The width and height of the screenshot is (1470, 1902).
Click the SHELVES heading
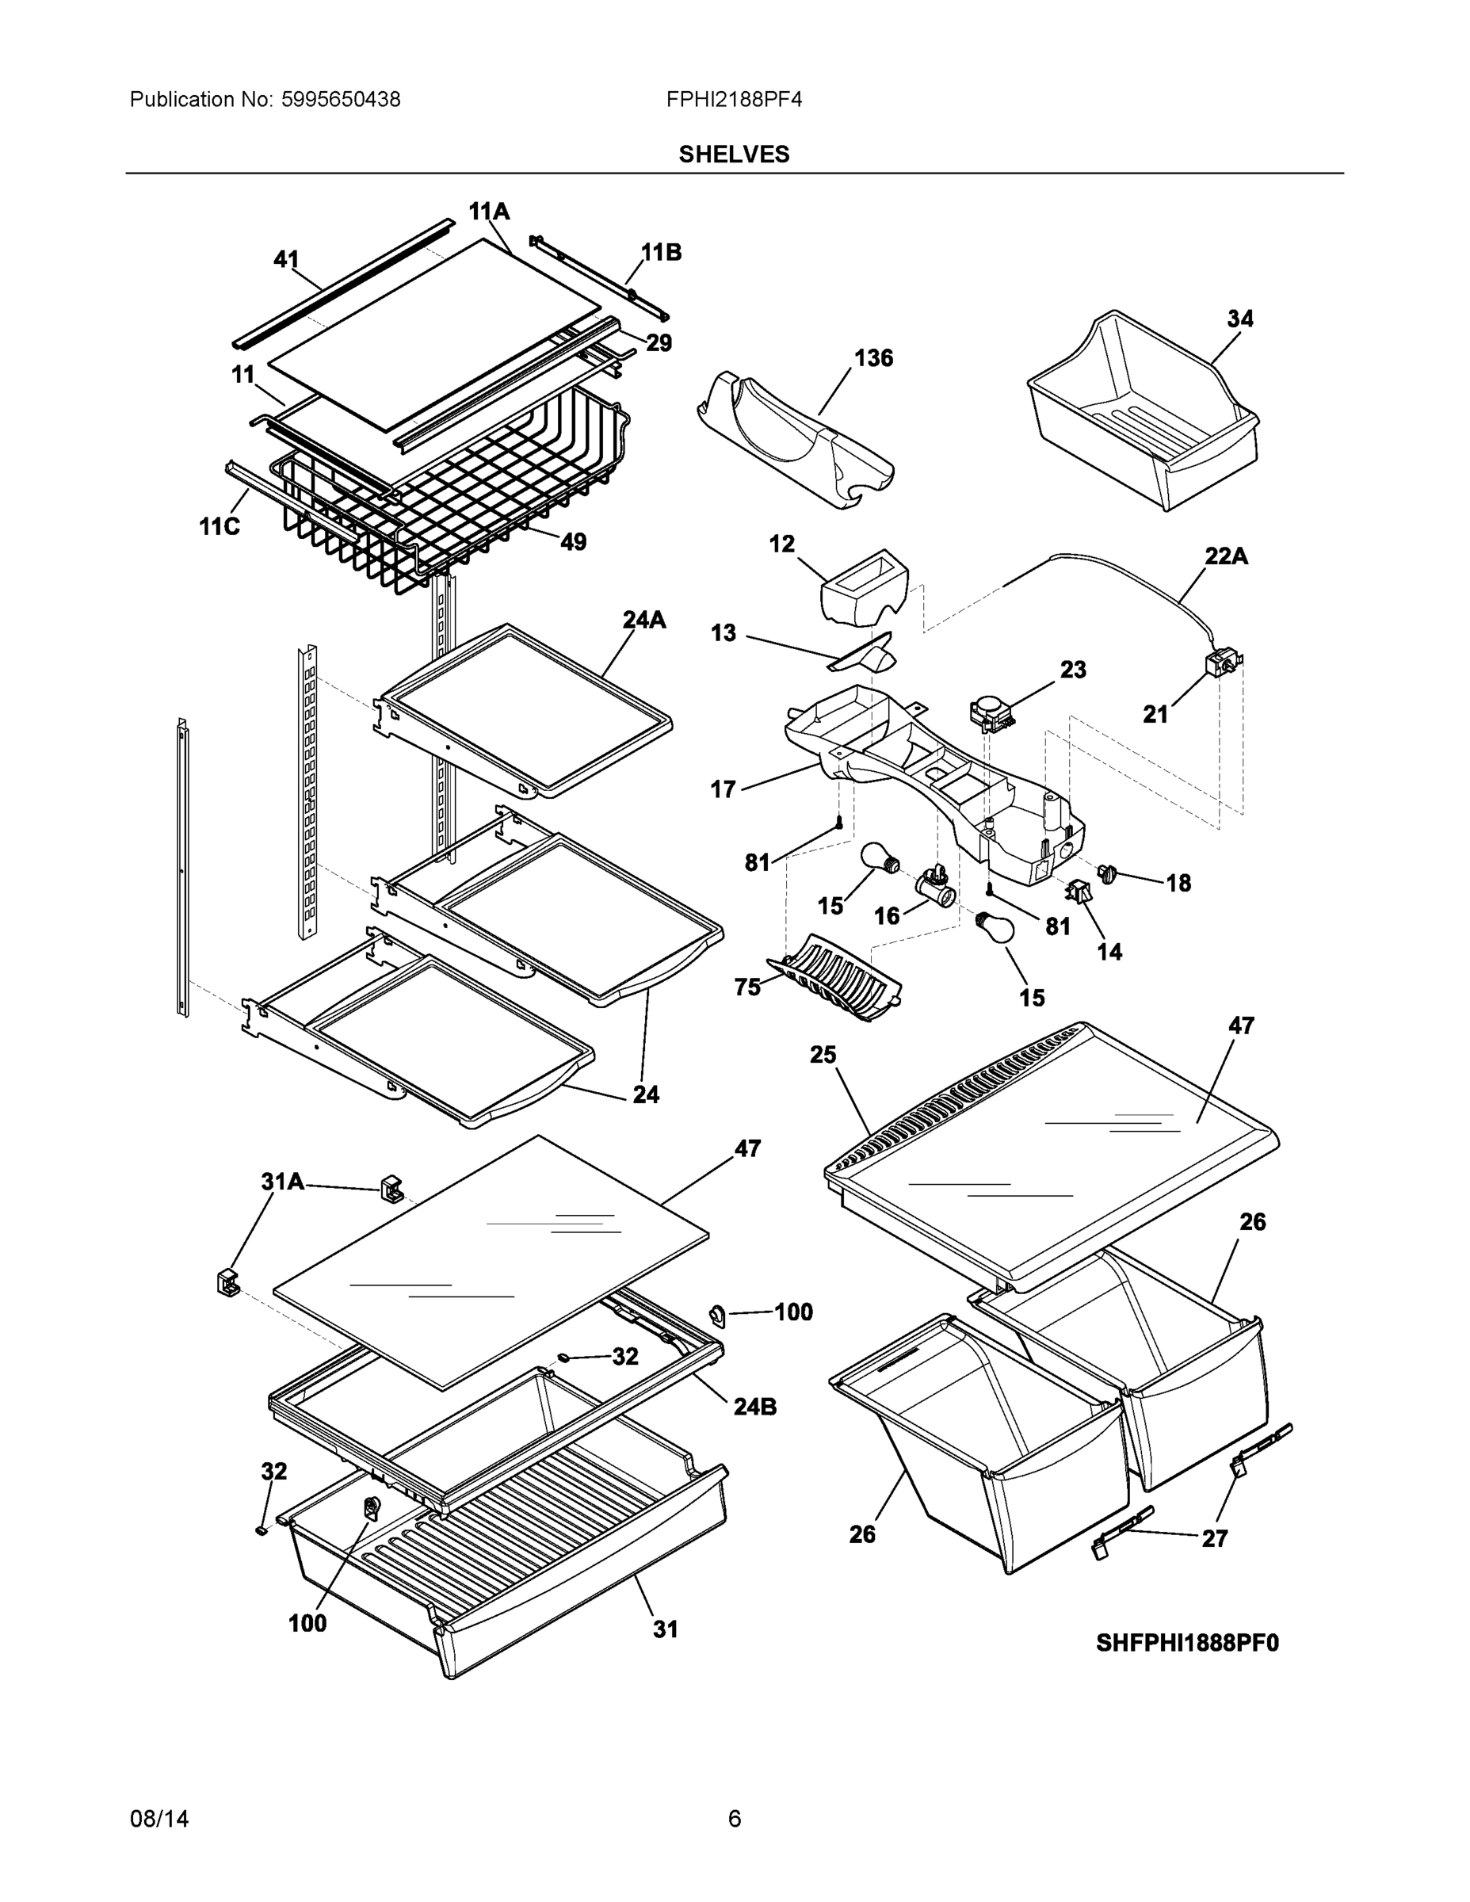(733, 155)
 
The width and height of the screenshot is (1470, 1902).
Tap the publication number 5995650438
(341, 100)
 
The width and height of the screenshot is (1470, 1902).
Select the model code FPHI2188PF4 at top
(733, 100)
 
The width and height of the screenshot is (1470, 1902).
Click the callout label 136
(872, 358)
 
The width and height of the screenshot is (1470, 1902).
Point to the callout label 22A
(1225, 556)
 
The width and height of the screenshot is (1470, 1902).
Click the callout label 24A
(643, 619)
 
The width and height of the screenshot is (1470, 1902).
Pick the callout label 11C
(219, 527)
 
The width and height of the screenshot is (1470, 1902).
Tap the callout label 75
(747, 987)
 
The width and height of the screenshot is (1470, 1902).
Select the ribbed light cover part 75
(836, 977)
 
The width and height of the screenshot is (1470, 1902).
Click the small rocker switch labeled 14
(1077, 891)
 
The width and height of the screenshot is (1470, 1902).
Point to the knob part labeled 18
(1107, 873)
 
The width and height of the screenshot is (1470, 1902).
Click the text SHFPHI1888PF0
(1186, 1644)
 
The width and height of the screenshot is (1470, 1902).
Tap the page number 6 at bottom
(734, 1820)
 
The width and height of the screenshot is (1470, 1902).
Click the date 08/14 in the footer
(158, 1820)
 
